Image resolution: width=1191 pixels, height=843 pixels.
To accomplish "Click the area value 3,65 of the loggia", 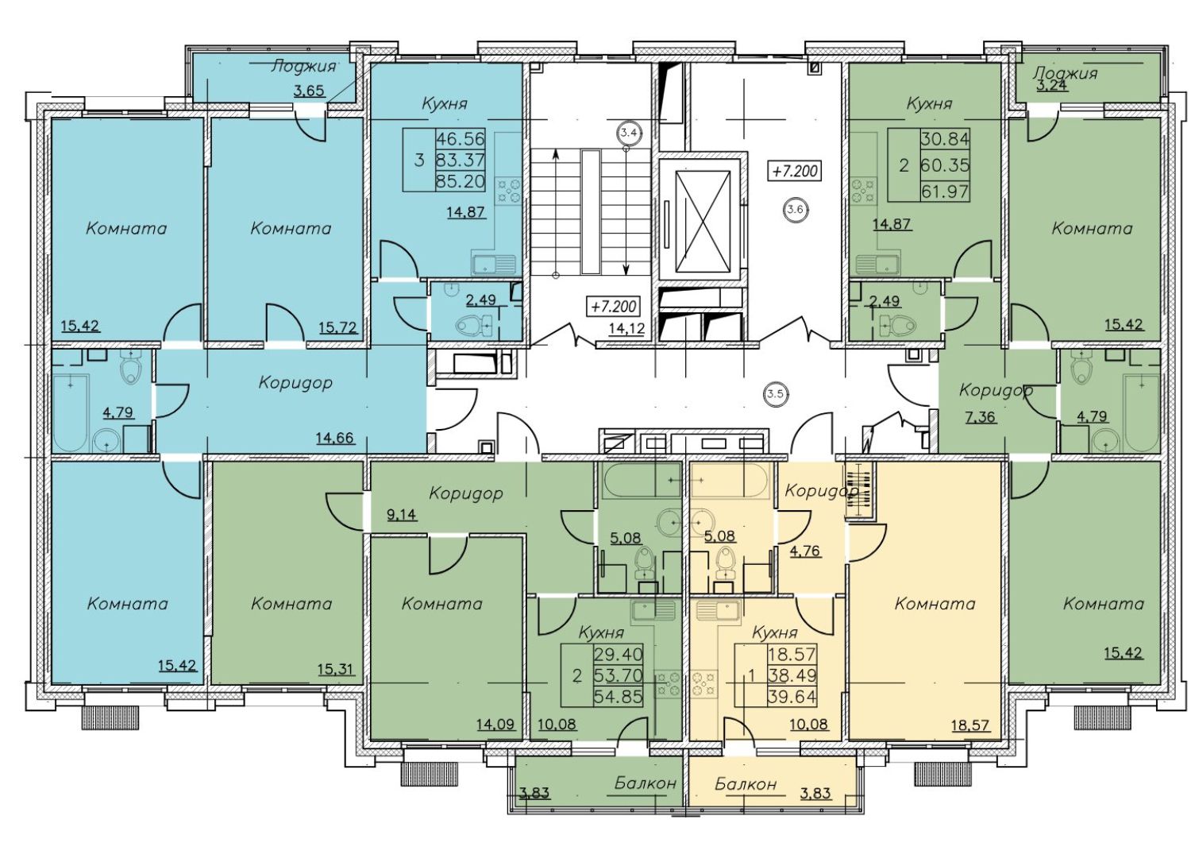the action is (309, 91).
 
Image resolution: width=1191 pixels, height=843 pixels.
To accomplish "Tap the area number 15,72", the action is (338, 327).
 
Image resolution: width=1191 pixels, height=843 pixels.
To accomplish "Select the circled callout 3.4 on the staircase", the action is (630, 133).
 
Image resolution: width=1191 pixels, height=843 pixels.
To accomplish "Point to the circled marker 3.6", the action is (796, 209).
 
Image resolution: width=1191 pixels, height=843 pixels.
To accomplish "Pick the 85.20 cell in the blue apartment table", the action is (461, 182).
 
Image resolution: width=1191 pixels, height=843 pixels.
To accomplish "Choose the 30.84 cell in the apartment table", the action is (945, 139).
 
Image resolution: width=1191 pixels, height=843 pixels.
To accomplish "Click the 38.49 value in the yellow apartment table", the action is (792, 675).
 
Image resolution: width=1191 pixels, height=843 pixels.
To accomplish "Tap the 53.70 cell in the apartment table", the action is (619, 675).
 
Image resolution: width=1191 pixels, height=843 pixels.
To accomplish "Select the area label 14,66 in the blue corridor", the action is (335, 438).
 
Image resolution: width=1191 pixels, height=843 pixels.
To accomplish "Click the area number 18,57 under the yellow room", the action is (970, 725).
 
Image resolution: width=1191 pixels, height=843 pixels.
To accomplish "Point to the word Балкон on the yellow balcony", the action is (746, 783).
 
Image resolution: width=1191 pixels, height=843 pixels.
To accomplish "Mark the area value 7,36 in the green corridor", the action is (981, 416).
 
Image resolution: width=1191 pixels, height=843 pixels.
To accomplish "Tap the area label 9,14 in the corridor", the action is (402, 514).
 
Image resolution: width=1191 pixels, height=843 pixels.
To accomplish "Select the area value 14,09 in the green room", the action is (495, 724).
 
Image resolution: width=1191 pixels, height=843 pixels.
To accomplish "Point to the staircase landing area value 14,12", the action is (628, 328).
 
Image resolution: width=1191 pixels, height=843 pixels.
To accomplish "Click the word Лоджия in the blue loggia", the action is (303, 67).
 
